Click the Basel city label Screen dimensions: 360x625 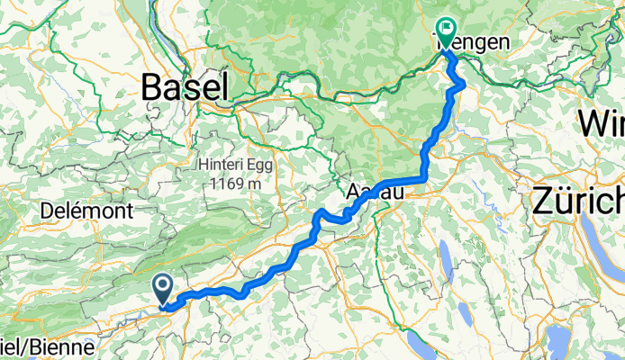184,87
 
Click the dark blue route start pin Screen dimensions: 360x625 164,288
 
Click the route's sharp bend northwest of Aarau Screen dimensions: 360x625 320,213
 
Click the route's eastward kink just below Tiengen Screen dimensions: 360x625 464,84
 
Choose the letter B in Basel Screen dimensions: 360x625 152,87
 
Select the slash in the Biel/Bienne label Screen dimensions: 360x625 28,346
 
